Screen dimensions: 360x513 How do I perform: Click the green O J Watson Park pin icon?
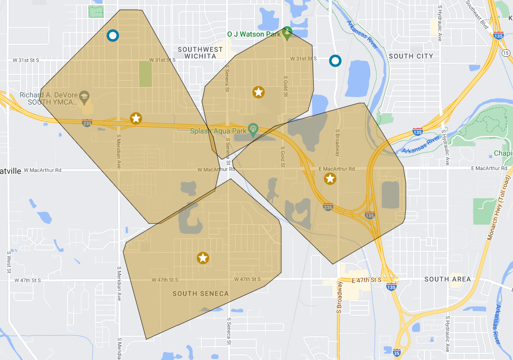coord(287,32)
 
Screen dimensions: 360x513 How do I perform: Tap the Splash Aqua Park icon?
coord(252,128)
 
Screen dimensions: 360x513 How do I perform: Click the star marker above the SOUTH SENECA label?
coord(203,258)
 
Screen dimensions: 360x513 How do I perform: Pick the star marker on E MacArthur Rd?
coord(330,179)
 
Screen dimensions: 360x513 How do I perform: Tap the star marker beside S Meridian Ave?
coord(135,118)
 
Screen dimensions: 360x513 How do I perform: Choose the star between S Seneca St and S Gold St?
coord(259,92)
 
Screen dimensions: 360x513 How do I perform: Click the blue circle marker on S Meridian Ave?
coord(112,36)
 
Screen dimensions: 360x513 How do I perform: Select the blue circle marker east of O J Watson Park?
coord(335,61)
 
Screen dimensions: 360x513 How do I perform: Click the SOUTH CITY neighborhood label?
coord(411,56)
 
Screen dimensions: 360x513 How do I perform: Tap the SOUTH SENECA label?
coord(200,294)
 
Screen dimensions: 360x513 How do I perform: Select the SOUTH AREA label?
coord(447,279)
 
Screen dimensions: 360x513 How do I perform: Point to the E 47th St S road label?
coord(366,280)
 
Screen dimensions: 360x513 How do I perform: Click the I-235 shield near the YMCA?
coord(87,123)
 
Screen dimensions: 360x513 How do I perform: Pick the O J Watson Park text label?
coord(254,35)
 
